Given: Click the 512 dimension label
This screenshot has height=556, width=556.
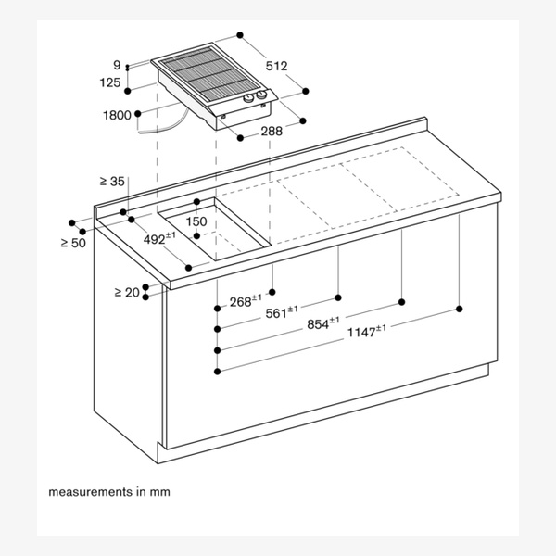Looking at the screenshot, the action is pos(276,66).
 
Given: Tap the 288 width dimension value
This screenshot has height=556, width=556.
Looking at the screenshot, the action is pos(272,132).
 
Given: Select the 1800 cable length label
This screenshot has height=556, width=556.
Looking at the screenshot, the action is pos(117,115).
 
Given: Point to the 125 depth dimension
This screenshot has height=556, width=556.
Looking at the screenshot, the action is pos(110,82).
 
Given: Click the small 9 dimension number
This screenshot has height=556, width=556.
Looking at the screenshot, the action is pos(117,65).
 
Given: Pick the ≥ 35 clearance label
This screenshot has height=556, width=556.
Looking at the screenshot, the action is pos(112,182).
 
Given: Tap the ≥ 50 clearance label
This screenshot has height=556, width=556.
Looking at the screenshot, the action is pos(73,243).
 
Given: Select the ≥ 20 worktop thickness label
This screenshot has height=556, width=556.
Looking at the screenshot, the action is pos(127,292).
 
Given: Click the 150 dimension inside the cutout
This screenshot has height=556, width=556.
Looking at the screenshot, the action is pos(196,221).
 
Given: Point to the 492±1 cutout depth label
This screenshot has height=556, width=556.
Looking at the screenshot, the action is pos(159,238).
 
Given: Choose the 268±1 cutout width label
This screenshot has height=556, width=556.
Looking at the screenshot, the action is pos(246,300).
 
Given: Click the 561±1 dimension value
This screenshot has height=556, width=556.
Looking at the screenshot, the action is pos(282,312).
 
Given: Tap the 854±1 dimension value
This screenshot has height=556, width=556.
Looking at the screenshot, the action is pos(323,323).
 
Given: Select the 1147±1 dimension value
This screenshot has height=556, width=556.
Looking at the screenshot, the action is pos(367,331).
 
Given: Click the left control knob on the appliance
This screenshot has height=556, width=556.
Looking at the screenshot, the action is pos(248,98).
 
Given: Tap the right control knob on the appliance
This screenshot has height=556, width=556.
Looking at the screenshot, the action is pos(261,95).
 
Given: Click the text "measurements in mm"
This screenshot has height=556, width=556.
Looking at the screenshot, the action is pos(109,492).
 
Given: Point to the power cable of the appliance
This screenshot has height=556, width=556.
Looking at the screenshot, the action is pos(164,123).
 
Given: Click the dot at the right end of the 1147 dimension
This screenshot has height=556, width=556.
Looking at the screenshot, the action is pos(460,309).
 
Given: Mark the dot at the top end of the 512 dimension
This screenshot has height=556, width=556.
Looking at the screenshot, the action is pos(240,35).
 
